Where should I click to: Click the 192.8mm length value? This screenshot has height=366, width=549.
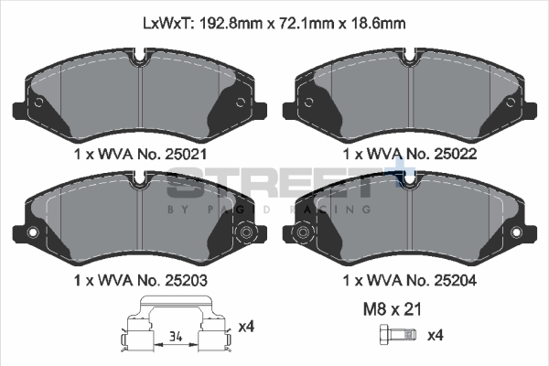(231, 24)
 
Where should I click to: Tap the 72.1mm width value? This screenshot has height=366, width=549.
(307, 24)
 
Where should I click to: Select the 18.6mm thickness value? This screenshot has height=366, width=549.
(378, 24)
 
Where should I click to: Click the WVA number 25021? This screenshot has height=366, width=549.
(186, 154)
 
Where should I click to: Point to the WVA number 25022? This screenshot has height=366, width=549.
(455, 154)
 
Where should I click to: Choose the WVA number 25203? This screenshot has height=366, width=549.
(186, 280)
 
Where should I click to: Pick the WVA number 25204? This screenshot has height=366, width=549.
(455, 280)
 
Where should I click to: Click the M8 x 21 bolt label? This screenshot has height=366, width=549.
(393, 309)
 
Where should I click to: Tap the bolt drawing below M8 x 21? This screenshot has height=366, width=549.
(398, 335)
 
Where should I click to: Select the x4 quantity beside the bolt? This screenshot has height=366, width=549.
(436, 336)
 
